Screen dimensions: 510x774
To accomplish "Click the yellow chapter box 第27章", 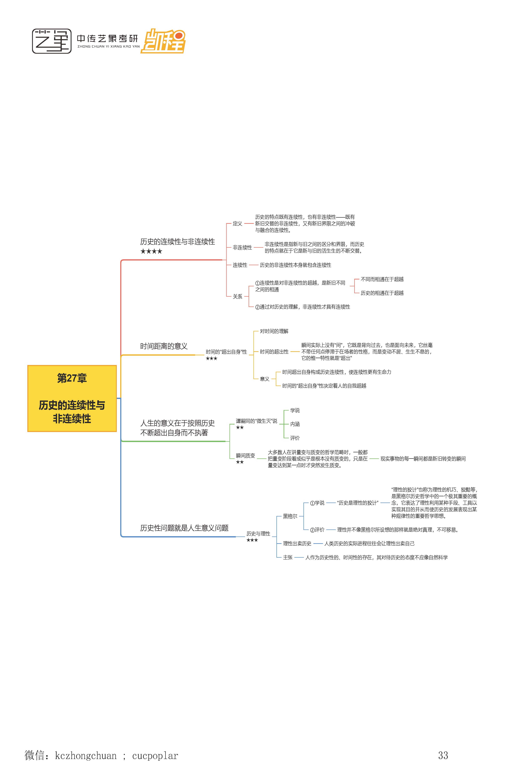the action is click(72, 398).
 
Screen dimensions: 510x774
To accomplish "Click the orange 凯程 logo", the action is click(163, 41).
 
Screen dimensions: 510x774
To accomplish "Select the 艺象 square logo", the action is click(52, 41).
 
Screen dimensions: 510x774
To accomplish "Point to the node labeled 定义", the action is click(237, 224).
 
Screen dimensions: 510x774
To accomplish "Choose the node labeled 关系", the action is click(237, 296).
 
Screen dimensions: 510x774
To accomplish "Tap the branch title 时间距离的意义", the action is click(164, 346).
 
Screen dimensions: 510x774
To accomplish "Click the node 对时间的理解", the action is click(274, 331).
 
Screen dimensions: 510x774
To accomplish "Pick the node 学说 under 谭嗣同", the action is click(295, 410).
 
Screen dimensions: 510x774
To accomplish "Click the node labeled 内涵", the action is click(295, 424).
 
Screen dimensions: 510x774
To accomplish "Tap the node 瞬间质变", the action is click(245, 456).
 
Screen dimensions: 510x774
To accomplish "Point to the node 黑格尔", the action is click(290, 516).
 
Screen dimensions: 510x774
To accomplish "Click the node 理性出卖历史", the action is click(297, 544).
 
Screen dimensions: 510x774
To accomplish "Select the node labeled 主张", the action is click(288, 558).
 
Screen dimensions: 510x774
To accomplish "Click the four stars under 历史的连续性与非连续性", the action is click(151, 251).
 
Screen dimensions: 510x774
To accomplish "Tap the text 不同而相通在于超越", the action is click(382, 279).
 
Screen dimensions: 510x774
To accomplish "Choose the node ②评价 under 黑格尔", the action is click(317, 530).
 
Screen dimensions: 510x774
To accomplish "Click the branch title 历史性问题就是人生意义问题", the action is click(184, 528).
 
